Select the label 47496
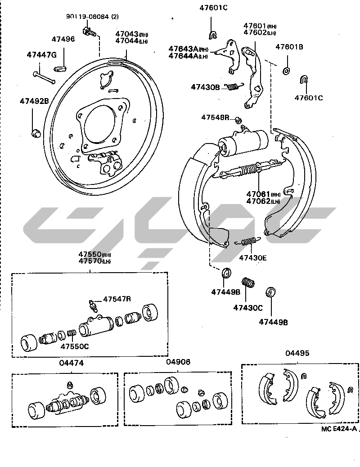pyautogui.click(x=63, y=39)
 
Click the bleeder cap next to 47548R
pyautogui.click(x=239, y=119)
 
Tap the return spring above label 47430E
pyautogui.click(x=248, y=241)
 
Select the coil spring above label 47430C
pyautogui.click(x=248, y=282)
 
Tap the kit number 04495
pyautogui.click(x=297, y=353)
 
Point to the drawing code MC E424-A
pyautogui.click(x=339, y=429)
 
